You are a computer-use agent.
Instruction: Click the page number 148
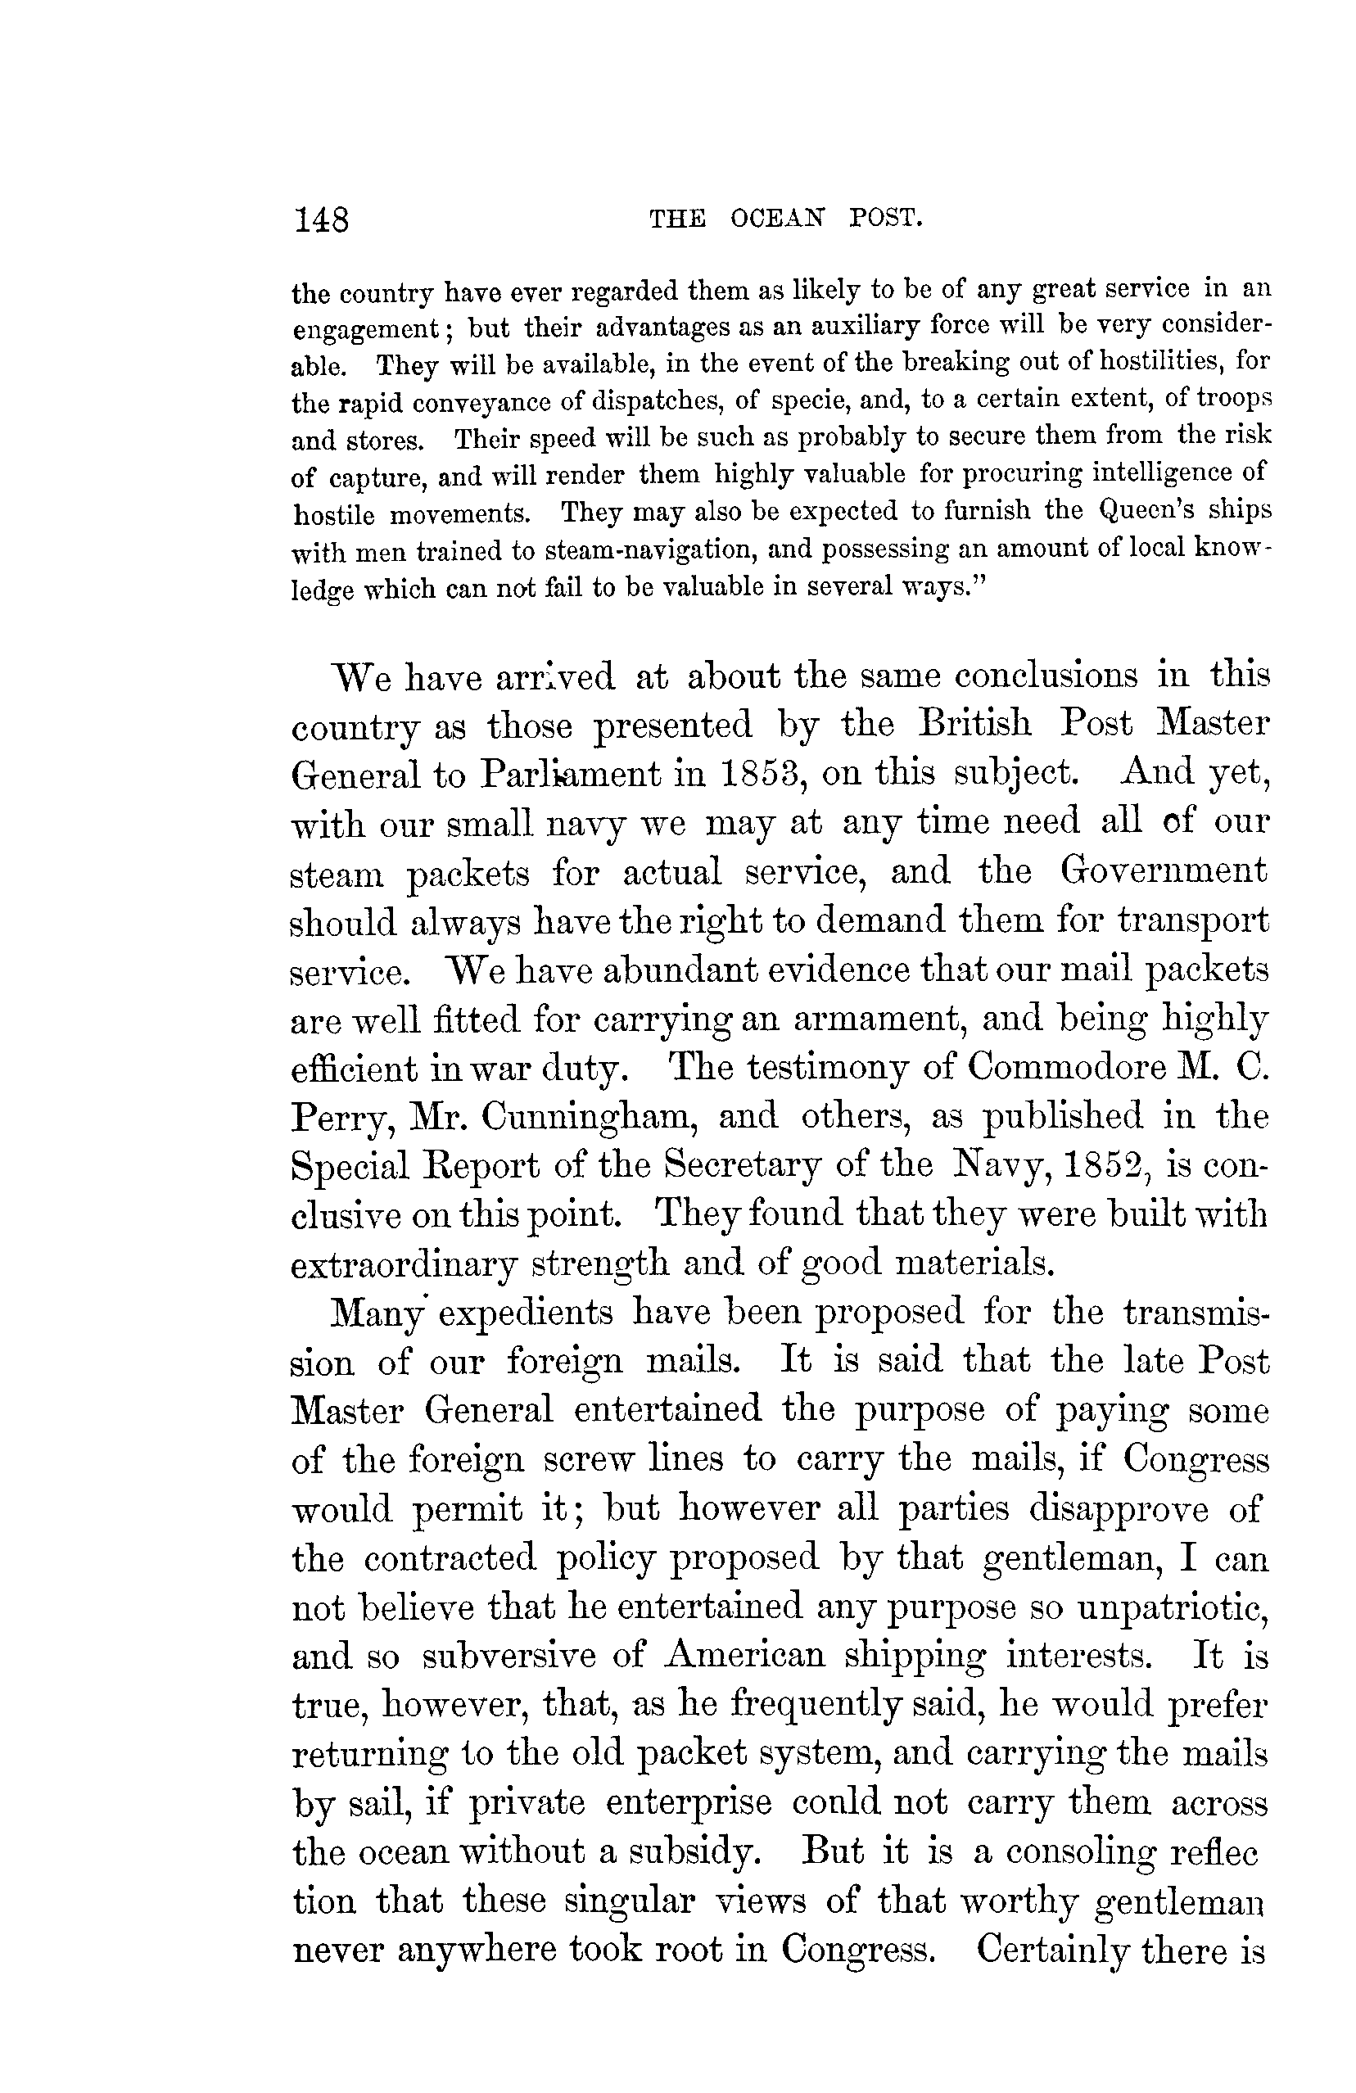click(x=323, y=219)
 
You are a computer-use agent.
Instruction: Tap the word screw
click(x=588, y=1460)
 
